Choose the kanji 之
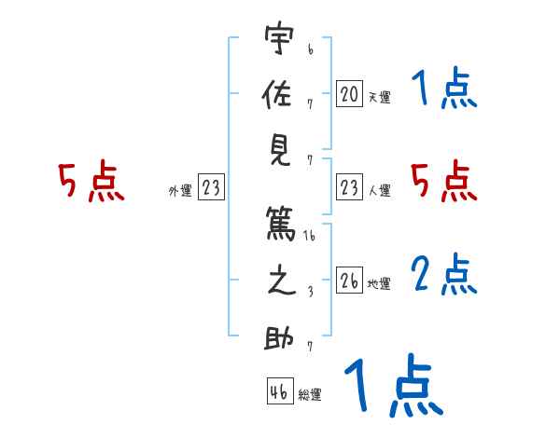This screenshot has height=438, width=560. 279,283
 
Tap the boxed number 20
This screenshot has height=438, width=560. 349,94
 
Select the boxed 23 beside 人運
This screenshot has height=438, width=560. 349,188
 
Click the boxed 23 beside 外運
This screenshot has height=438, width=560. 211,188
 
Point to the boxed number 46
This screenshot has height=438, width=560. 279,391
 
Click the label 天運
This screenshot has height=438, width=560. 379,97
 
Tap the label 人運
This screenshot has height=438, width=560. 379,191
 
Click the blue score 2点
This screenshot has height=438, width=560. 444,277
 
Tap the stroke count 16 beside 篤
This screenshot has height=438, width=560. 310,237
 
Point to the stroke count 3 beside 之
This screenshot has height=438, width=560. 310,293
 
